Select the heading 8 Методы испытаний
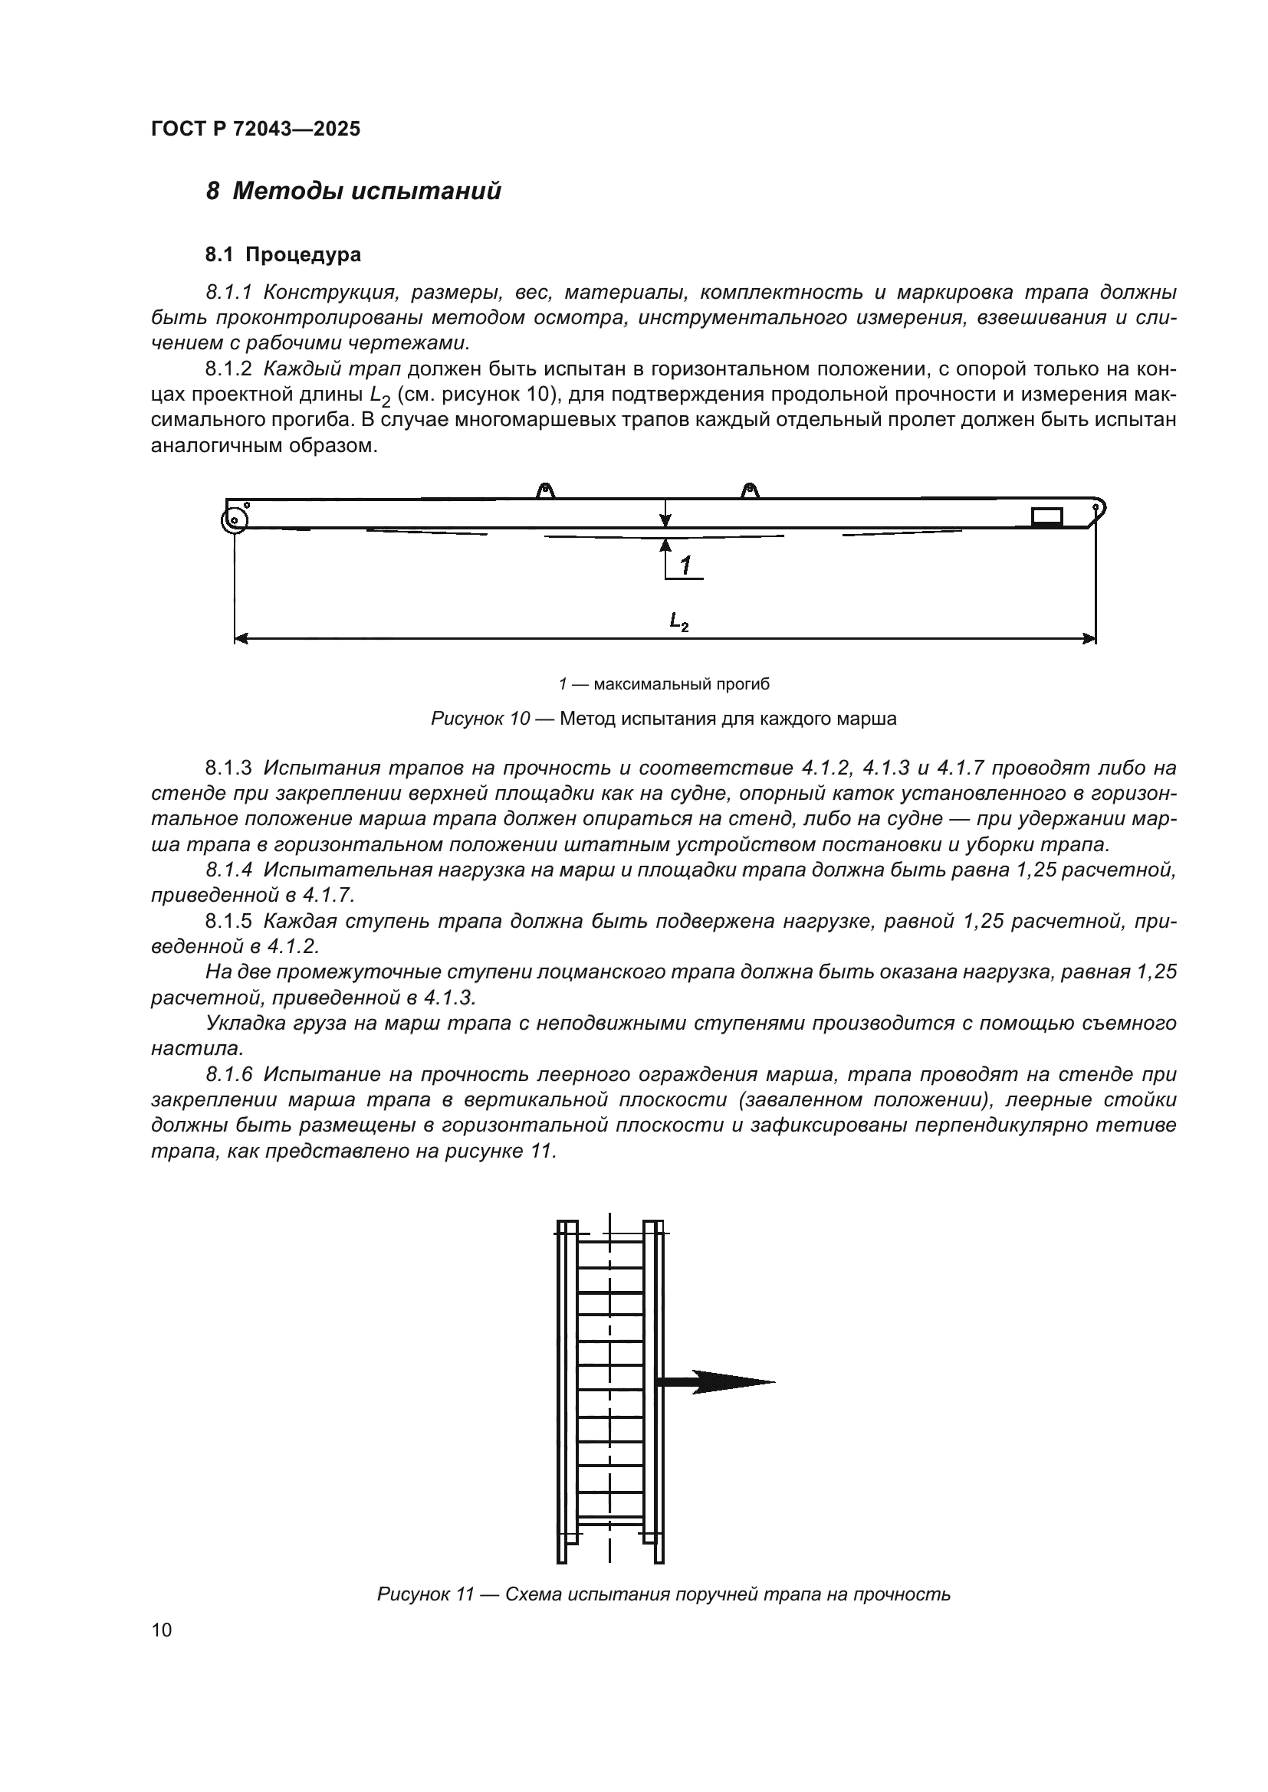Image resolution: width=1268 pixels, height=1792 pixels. pyautogui.click(x=353, y=192)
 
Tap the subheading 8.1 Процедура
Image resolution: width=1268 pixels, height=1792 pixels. pyautogui.click(x=283, y=254)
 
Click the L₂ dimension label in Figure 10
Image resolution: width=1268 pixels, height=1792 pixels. pyautogui.click(x=678, y=621)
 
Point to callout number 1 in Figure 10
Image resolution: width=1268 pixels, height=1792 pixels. pyautogui.click(x=685, y=566)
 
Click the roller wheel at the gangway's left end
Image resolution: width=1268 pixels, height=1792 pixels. pyautogui.click(x=235, y=519)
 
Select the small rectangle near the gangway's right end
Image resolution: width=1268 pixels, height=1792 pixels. pyautogui.click(x=1046, y=516)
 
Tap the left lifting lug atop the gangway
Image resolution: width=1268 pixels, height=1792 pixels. pyautogui.click(x=546, y=491)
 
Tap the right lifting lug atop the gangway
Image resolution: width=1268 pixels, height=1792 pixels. pyautogui.click(x=750, y=491)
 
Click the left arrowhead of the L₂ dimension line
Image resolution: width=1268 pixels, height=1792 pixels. pyautogui.click(x=241, y=639)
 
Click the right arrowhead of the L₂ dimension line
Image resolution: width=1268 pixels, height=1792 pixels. pyautogui.click(x=1090, y=639)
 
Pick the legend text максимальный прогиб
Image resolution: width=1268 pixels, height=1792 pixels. pyautogui.click(x=681, y=684)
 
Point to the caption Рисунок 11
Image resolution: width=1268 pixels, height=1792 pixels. pyautogui.click(x=425, y=1594)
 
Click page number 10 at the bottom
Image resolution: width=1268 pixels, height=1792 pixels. pyautogui.click(x=162, y=1630)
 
